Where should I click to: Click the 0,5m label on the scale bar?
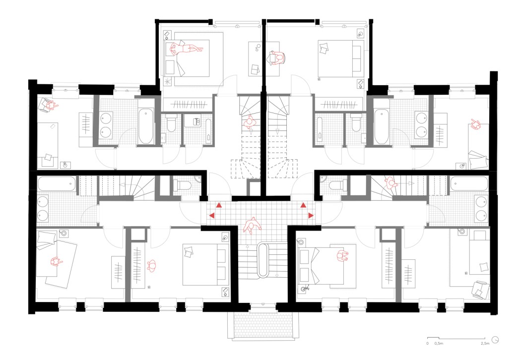click(439, 343)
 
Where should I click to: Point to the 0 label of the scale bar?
click(428, 343)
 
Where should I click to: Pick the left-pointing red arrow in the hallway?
click(212, 215)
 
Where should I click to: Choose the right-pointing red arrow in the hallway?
click(311, 215)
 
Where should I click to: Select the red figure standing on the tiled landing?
click(252, 226)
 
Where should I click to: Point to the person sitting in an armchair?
click(49, 105)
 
